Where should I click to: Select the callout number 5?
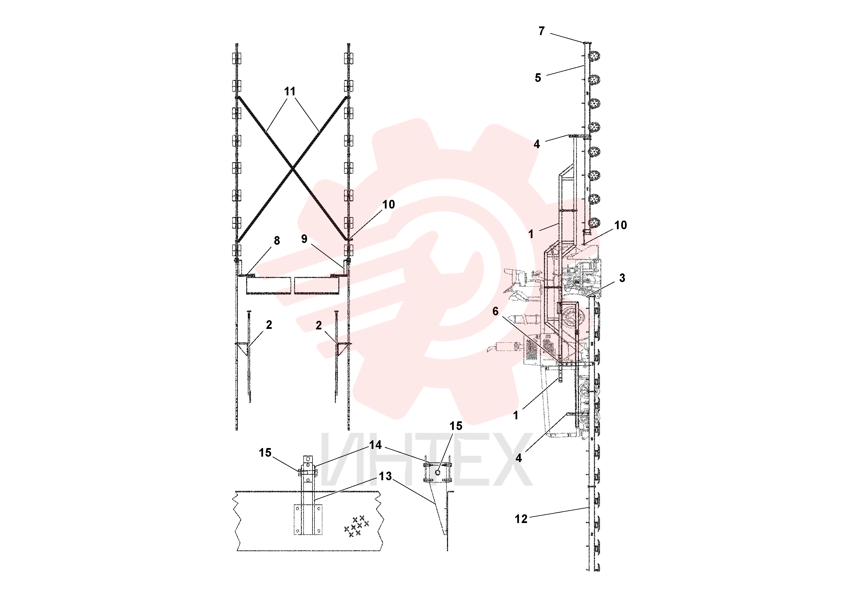click(x=538, y=78)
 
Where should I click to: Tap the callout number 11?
click(x=290, y=91)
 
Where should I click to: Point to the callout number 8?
click(x=277, y=241)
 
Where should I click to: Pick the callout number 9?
click(x=304, y=239)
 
